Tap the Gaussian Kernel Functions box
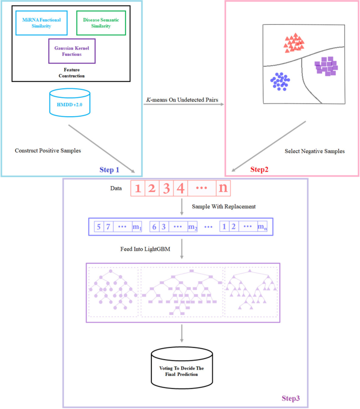[72, 51]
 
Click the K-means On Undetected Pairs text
[184, 99]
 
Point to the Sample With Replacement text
[224, 207]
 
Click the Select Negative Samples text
[314, 151]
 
